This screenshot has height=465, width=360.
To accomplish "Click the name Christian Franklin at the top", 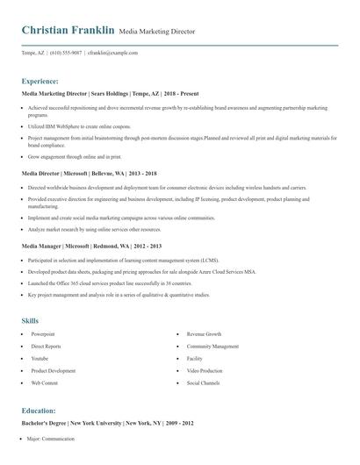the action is tap(68, 31).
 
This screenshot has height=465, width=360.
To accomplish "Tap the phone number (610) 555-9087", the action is tap(66, 53).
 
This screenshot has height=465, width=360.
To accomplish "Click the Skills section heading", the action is tap(30, 320).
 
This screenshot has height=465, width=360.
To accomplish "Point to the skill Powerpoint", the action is tap(43, 334).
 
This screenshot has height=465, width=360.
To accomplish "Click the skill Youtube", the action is tap(40, 359).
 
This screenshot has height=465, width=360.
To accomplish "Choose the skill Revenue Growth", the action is tap(204, 334).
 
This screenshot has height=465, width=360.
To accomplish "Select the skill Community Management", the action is tap(212, 347).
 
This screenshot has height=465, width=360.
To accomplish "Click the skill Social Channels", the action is tap(203, 383).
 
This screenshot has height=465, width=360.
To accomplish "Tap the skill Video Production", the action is tap(205, 371).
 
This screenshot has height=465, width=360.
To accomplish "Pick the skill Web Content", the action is tap(44, 383).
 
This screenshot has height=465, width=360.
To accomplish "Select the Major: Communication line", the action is tap(53, 437).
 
